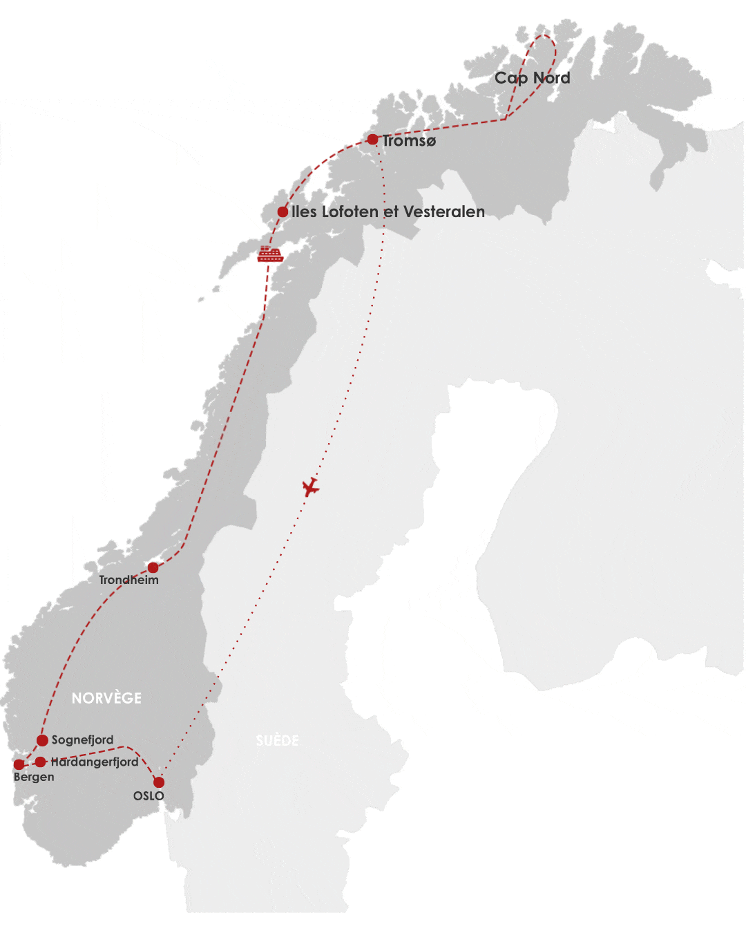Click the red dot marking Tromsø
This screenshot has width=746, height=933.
(x=372, y=140)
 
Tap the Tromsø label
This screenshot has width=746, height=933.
(x=410, y=141)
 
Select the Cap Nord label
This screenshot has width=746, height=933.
(x=532, y=78)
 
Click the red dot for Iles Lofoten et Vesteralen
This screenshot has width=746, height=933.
(x=283, y=212)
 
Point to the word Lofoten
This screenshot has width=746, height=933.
(x=350, y=211)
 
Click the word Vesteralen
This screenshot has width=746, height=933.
(x=443, y=211)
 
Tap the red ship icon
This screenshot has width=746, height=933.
(x=270, y=254)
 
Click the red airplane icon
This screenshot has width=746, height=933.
(x=311, y=487)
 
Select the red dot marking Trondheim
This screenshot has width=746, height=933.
(x=153, y=568)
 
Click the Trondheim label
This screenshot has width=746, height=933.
(x=128, y=580)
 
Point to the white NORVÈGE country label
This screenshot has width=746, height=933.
(x=106, y=698)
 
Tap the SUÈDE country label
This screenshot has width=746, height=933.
(x=277, y=741)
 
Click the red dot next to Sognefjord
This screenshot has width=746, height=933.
(x=42, y=740)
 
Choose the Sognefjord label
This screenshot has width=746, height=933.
(x=82, y=739)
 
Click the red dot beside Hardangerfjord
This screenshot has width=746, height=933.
(x=41, y=762)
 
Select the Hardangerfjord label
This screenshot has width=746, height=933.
(x=95, y=762)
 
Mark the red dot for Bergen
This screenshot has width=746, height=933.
(x=19, y=764)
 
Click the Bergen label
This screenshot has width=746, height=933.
(x=34, y=777)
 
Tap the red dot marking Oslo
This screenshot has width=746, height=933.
(x=159, y=782)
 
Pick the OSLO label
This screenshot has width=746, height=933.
(x=149, y=795)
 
